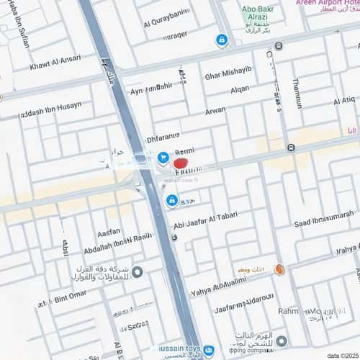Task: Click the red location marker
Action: (181, 163)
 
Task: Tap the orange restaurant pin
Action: (280, 269)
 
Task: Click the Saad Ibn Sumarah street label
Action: (323, 215)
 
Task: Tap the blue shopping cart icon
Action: (163, 156)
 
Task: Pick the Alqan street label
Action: (240, 90)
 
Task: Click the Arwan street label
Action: (215, 112)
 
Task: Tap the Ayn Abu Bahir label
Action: (151, 87)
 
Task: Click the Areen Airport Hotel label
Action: (327, 4)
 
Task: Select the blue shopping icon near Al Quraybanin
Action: (222, 40)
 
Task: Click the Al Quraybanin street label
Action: (166, 22)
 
